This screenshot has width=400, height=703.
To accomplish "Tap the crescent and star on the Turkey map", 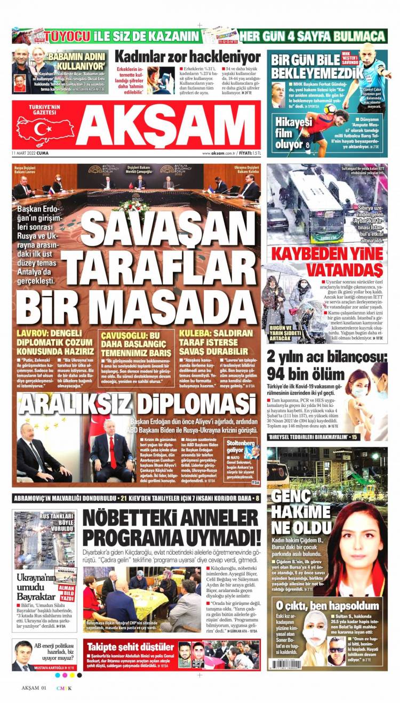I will pyautogui.click(x=43, y=129).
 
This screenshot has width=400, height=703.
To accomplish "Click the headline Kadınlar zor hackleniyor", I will pyautogui.click(x=187, y=56).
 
